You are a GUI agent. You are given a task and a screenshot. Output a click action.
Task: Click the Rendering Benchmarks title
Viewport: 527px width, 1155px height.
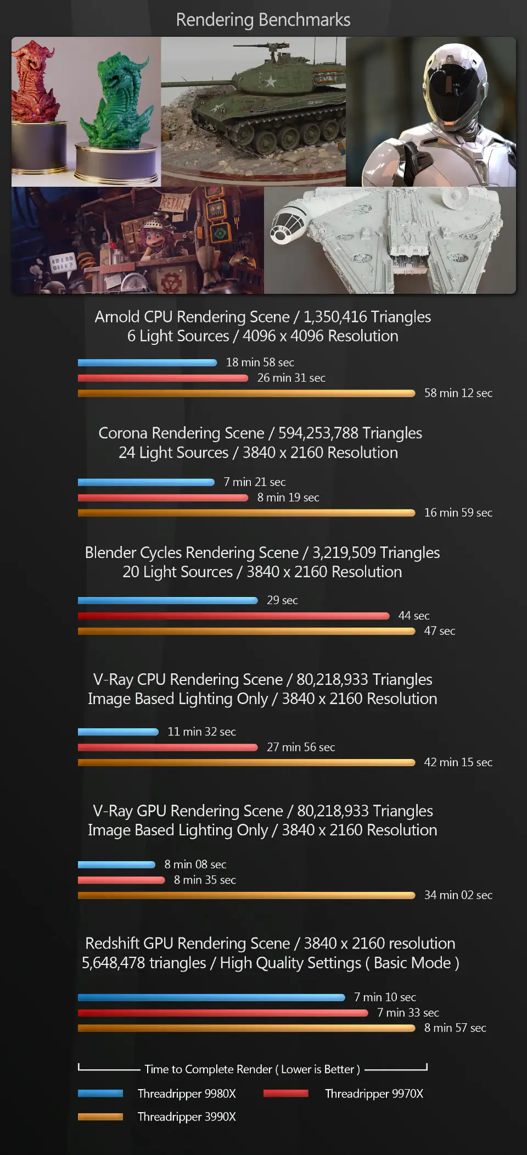(x=263, y=20)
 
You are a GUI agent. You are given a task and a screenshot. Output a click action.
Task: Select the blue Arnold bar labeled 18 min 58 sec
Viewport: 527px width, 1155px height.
(x=147, y=362)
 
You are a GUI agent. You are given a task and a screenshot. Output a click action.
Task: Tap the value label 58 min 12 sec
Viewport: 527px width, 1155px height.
(x=458, y=393)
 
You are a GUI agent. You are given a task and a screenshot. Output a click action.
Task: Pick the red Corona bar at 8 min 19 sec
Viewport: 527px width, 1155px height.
(x=163, y=498)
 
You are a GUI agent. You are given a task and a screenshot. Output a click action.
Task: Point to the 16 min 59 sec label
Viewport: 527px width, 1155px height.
(x=458, y=513)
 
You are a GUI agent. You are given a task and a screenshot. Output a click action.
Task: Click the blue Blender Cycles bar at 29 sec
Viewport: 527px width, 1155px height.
(x=167, y=600)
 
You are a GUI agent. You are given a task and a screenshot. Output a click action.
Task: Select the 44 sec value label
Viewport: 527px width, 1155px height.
(x=414, y=616)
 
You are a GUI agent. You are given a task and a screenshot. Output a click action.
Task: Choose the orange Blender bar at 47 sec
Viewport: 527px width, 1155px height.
(x=246, y=631)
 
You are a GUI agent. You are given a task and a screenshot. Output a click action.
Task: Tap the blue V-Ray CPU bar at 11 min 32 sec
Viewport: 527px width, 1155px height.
(x=118, y=732)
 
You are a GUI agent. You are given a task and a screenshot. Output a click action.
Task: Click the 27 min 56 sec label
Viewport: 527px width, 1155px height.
(x=300, y=747)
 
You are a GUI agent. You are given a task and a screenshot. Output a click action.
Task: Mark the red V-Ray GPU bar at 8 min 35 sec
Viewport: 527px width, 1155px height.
(x=121, y=880)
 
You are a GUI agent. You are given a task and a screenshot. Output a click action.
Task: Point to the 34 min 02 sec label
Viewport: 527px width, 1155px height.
(x=458, y=895)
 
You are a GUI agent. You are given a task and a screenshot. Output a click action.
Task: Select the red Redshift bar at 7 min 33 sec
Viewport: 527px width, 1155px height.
(x=223, y=1013)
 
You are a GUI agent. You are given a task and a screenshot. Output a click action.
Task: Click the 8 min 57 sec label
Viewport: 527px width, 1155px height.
(x=455, y=1028)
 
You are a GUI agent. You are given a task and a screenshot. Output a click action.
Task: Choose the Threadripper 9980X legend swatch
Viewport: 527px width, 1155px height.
(x=100, y=1093)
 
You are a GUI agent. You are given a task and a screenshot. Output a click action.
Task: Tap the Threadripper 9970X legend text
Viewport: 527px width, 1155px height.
(x=374, y=1093)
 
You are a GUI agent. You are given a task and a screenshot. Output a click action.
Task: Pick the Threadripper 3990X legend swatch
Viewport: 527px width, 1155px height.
(x=100, y=1117)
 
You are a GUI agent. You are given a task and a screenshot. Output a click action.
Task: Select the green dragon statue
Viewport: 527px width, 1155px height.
(x=117, y=102)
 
